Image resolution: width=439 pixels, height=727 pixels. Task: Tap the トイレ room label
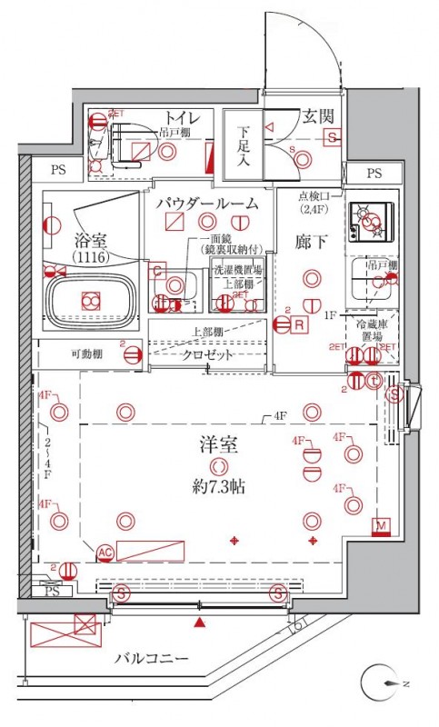pyautogui.click(x=183, y=116)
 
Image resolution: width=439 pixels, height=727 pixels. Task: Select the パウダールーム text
pyautogui.click(x=206, y=203)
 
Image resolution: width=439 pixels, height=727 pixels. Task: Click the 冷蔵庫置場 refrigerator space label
pyautogui.click(x=373, y=329)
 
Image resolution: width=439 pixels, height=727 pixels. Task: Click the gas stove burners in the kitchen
pyautogui.click(x=369, y=218)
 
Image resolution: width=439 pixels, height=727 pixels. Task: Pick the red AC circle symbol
pyautogui.click(x=104, y=552)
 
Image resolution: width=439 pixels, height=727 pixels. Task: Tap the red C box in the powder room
pyautogui.click(x=157, y=270)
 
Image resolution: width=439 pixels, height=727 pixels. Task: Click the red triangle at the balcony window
pyautogui.click(x=200, y=622)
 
